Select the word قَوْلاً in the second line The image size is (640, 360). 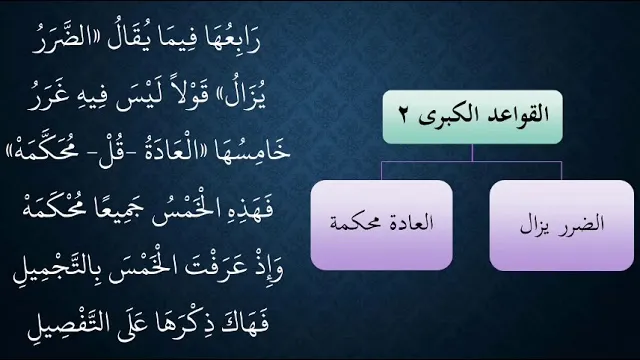(x=192, y=97)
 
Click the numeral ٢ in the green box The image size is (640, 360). (x=403, y=115)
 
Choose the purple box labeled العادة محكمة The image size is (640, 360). (x=382, y=225)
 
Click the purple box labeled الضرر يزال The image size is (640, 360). (x=562, y=225)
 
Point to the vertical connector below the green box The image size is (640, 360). (x=472, y=153)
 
